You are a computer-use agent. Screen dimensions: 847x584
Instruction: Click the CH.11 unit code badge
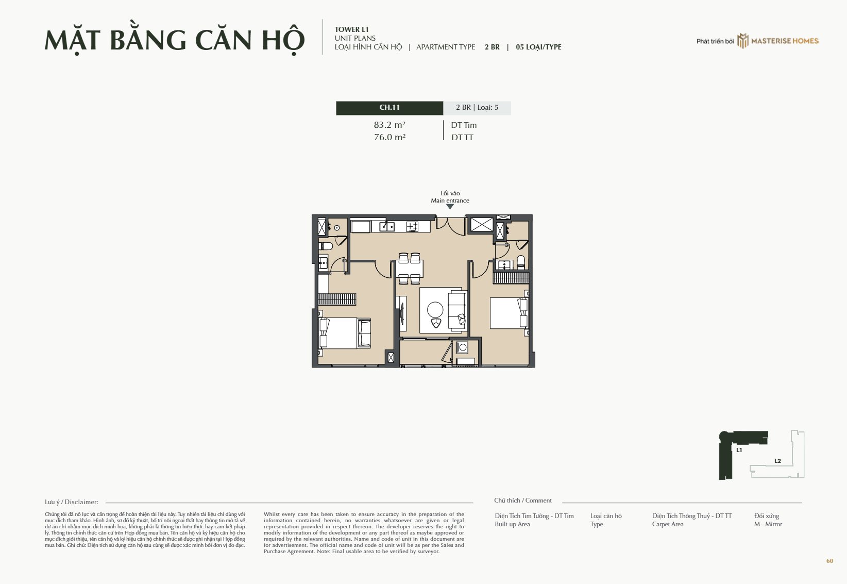point(389,108)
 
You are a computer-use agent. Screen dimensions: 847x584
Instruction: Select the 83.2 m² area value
point(389,125)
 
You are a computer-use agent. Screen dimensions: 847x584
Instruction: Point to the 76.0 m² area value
point(389,137)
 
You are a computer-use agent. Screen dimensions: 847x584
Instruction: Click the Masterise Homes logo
point(778,41)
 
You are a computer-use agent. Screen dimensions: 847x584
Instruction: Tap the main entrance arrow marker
point(450,207)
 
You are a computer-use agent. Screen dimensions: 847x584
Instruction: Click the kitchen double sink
point(387,227)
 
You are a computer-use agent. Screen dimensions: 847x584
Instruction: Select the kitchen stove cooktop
point(412,227)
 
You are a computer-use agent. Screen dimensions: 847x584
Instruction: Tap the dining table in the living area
point(410,269)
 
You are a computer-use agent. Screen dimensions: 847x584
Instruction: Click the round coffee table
point(435,310)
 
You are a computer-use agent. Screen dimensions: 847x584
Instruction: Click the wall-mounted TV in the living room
point(402,314)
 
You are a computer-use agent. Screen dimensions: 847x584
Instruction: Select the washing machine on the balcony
point(462,347)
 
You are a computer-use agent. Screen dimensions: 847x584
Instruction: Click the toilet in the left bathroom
point(326,246)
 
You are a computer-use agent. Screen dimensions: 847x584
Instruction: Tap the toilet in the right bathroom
point(521,262)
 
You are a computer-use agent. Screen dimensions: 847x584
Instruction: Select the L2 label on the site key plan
point(778,461)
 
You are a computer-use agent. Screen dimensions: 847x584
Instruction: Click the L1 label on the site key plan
point(739,450)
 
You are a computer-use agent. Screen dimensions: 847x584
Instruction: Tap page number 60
point(829,561)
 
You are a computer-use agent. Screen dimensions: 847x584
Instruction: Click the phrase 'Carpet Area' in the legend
point(668,524)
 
